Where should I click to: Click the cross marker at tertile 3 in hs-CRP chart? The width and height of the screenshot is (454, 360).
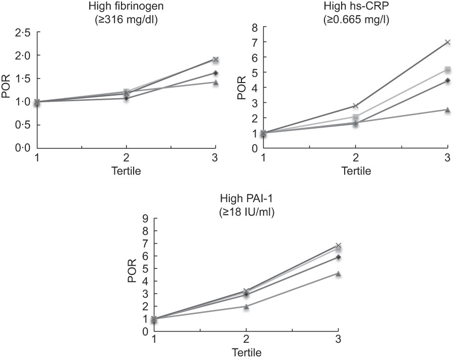[447, 42]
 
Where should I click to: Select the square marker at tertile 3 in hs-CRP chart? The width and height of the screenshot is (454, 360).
[447, 69]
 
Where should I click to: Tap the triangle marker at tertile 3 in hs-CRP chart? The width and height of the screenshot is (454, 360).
[447, 109]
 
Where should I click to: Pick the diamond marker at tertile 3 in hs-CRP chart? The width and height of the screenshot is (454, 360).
[447, 81]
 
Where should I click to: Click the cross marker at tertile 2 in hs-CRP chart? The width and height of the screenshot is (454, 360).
[355, 106]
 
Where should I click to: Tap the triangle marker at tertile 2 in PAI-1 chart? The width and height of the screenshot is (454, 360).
[246, 306]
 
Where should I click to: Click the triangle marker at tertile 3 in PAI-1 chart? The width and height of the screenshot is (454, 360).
[338, 273]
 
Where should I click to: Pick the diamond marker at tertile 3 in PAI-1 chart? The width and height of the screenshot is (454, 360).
[338, 257]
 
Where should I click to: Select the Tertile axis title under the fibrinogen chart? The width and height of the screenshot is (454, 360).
[126, 171]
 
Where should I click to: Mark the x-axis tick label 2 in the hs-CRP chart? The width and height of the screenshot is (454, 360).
[355, 157]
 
